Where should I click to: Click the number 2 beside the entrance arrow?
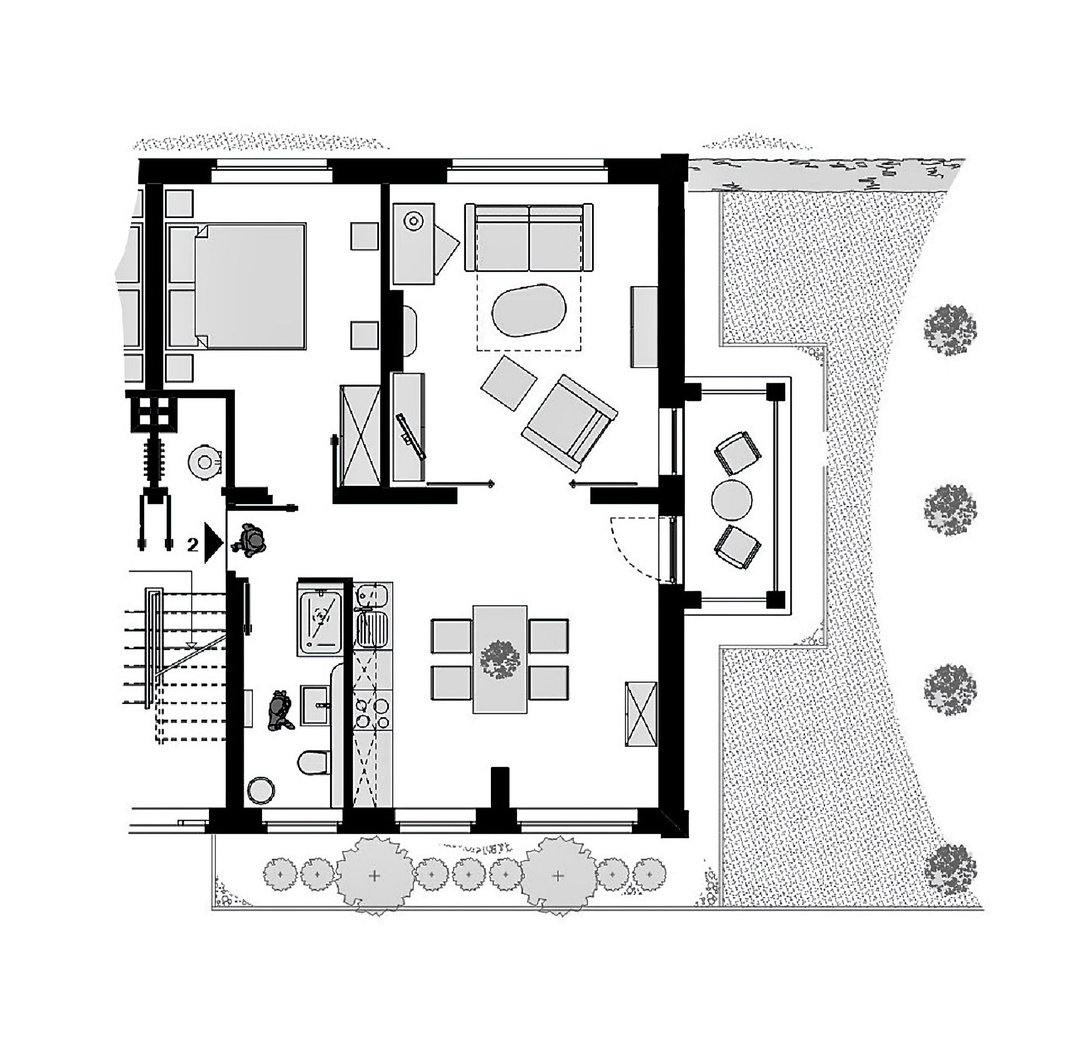192,544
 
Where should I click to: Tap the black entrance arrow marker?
214,543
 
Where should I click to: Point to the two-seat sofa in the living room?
529,237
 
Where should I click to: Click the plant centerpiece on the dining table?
499,659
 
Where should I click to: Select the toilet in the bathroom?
315,762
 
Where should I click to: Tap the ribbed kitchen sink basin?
372,629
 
